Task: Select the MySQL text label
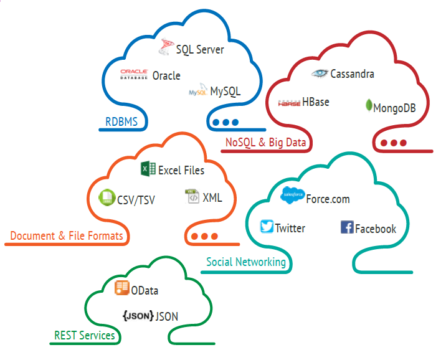pos(224,92)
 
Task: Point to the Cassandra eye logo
pos(320,73)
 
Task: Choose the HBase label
pos(316,102)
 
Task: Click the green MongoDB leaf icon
pos(369,105)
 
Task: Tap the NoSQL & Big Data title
pos(266,143)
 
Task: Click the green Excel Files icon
pos(148,168)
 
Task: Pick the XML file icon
pos(192,197)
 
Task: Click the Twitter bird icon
pos(267,226)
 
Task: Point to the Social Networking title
pos(246,262)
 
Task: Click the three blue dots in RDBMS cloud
pos(225,122)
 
